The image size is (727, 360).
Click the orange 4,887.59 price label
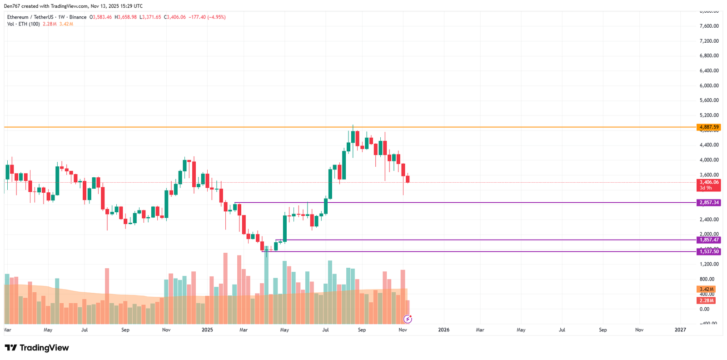(x=709, y=127)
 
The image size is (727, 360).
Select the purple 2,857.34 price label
(x=709, y=203)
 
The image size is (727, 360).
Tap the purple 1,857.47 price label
(x=709, y=240)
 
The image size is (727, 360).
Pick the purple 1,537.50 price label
(x=709, y=252)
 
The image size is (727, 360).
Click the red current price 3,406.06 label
(x=709, y=182)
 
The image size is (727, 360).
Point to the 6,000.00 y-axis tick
(x=709, y=85)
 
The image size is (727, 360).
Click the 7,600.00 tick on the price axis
(x=709, y=26)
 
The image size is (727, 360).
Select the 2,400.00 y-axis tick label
(x=709, y=220)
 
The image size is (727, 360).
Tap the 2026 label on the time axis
(x=443, y=330)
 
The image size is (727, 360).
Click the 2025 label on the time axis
(x=207, y=330)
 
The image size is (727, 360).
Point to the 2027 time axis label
(x=680, y=330)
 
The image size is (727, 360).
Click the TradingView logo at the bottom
(x=37, y=348)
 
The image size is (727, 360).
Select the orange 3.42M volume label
(x=706, y=290)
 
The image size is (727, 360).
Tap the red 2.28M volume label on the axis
(x=706, y=301)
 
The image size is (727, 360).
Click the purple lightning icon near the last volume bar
(x=408, y=319)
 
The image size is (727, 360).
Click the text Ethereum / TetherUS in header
(x=30, y=17)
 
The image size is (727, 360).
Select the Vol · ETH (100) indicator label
(x=24, y=24)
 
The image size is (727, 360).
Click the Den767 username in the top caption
(x=12, y=6)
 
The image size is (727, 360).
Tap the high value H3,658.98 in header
(x=125, y=17)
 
